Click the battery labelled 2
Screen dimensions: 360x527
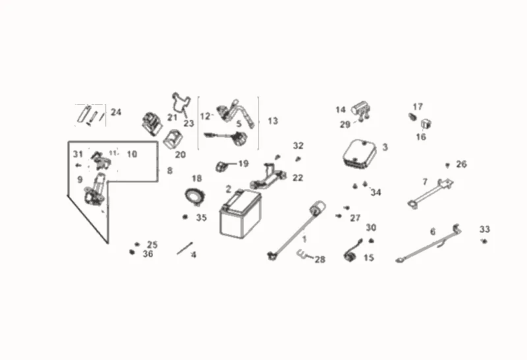[240, 215]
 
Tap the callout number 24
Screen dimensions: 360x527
[116, 112]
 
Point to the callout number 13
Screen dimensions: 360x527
[273, 121]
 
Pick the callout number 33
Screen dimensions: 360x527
[485, 229]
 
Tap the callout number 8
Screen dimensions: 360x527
[169, 171]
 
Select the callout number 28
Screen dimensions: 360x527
[319, 260]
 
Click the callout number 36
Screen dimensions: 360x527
[148, 254]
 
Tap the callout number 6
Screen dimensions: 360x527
[433, 231]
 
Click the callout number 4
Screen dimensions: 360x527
[193, 255]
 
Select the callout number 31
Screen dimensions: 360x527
[78, 154]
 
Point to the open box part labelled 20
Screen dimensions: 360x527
[174, 139]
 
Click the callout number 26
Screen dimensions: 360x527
[461, 164]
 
